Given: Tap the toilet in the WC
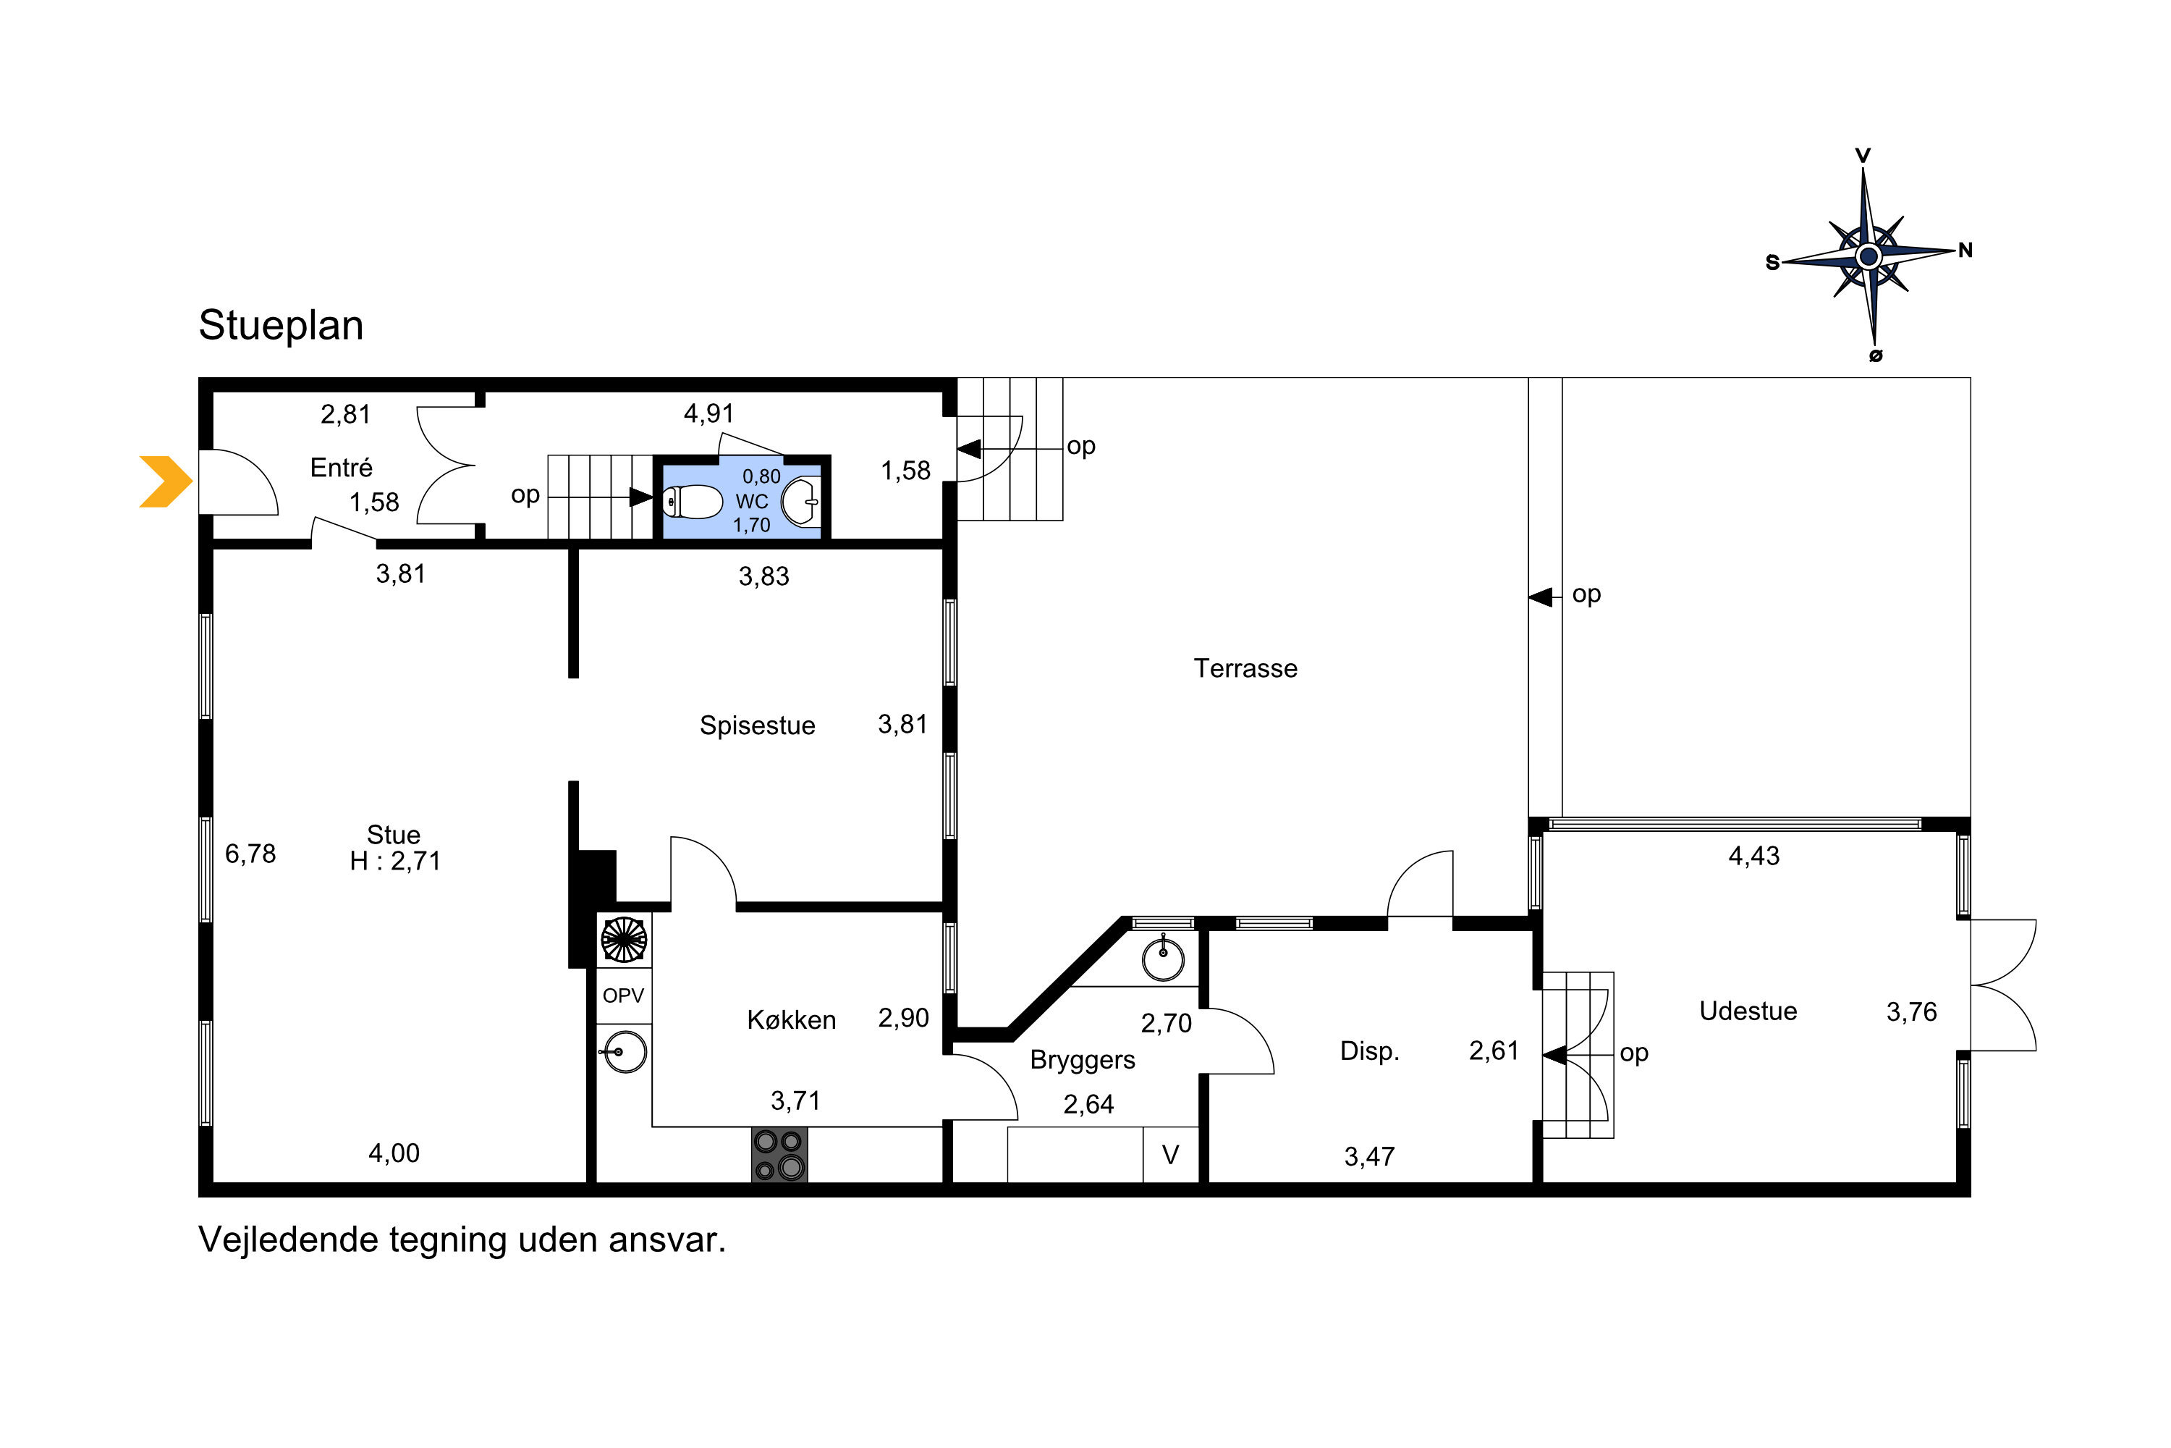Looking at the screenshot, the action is pyautogui.click(x=693, y=502).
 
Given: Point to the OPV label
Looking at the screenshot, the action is pyautogui.click(x=623, y=995).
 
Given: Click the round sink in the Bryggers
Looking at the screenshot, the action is pyautogui.click(x=1163, y=958).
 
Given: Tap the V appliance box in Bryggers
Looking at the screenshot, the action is pyautogui.click(x=1170, y=1154).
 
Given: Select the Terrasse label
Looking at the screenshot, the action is pyautogui.click(x=1245, y=668).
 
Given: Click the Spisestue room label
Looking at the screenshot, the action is pyautogui.click(x=757, y=726).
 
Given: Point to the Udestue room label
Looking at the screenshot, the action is pyautogui.click(x=1748, y=1011).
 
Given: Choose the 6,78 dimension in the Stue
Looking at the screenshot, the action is pyautogui.click(x=250, y=854).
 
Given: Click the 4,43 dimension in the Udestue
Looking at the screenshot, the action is pyautogui.click(x=1753, y=856).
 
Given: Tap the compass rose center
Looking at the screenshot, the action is pyautogui.click(x=1869, y=256).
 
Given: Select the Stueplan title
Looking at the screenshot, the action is pyautogui.click(x=282, y=325).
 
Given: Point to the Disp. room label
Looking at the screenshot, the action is pyautogui.click(x=1370, y=1051).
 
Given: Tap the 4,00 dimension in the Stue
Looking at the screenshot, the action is pyautogui.click(x=394, y=1153).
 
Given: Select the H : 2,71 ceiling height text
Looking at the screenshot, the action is pyautogui.click(x=395, y=861).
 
